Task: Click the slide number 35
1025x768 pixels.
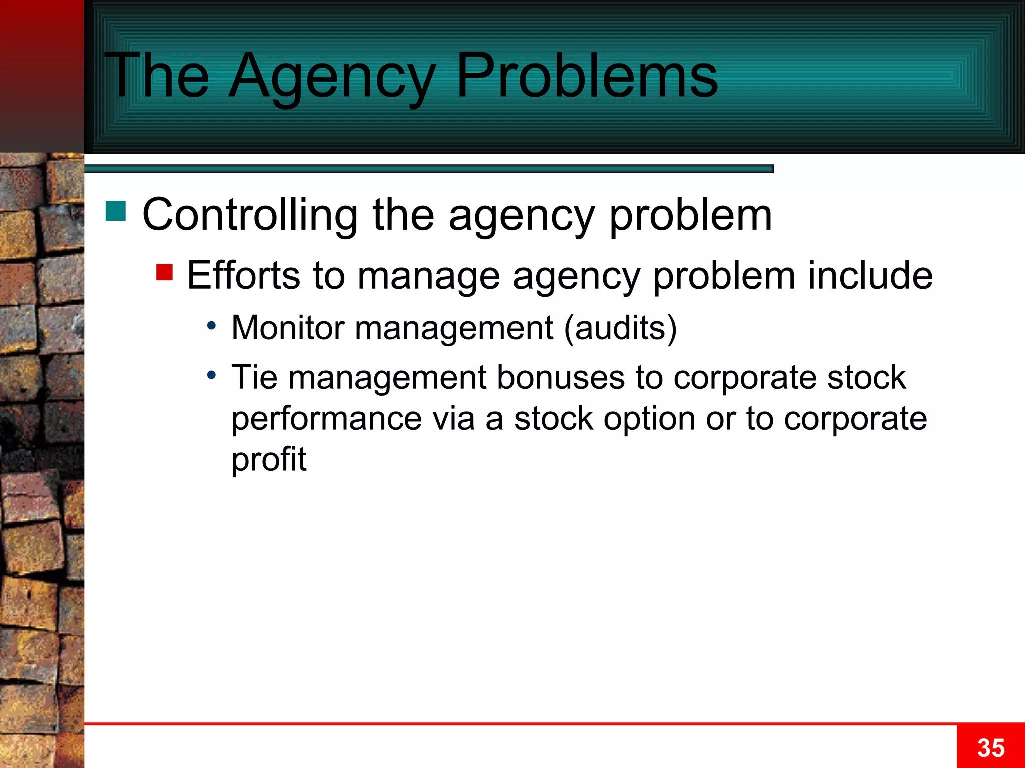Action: pyautogui.click(x=990, y=748)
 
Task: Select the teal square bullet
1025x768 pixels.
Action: pyautogui.click(x=116, y=211)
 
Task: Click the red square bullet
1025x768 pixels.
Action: pyautogui.click(x=164, y=272)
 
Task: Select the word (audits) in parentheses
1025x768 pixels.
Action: pyautogui.click(x=620, y=328)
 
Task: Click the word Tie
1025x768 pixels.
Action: pyautogui.click(x=254, y=377)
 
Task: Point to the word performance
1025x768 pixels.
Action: pyautogui.click(x=326, y=419)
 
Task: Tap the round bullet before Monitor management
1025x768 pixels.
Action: pyautogui.click(x=212, y=326)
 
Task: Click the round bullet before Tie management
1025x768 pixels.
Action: pyautogui.click(x=212, y=375)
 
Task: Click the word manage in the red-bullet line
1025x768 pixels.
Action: pyautogui.click(x=428, y=276)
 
